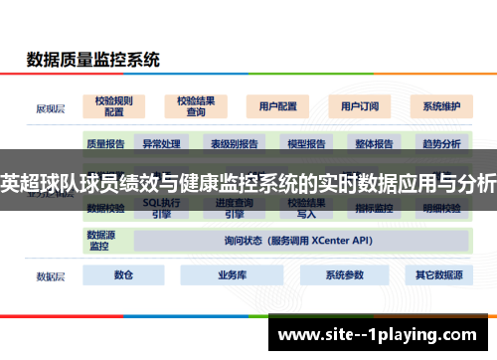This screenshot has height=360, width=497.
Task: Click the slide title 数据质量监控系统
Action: tap(92, 60)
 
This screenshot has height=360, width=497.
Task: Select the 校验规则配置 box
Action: tap(115, 105)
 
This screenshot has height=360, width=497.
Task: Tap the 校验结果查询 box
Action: tap(196, 105)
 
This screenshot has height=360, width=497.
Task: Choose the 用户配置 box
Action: tap(277, 105)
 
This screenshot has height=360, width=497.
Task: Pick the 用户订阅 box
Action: tap(360, 105)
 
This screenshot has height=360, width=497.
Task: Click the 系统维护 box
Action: tap(440, 105)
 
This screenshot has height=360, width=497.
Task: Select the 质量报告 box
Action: tap(105, 143)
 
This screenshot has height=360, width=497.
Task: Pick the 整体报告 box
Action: tap(374, 143)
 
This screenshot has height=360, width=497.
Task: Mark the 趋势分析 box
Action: tap(441, 143)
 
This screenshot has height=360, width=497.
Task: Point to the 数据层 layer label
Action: tap(51, 275)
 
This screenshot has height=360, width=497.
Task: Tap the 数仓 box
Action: tap(124, 274)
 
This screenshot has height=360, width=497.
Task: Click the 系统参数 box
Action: tap(341, 274)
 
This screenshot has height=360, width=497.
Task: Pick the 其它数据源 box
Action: tap(437, 274)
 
